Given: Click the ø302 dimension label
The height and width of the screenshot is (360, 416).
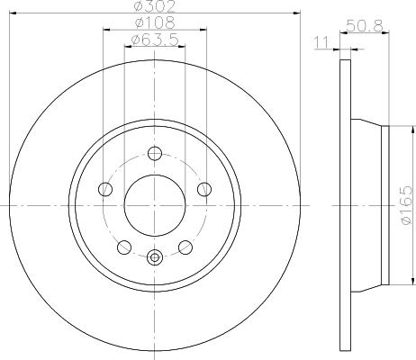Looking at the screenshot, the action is point(155,6).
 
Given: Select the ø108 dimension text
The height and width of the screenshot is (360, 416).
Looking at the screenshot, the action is point(155,22).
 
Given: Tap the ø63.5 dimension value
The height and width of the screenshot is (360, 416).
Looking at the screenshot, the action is point(155,40).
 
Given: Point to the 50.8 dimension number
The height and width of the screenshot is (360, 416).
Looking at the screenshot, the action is point(365,25).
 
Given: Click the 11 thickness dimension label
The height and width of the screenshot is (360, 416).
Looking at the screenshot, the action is point(321,42).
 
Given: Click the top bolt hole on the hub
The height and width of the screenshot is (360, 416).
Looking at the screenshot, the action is point(155,153).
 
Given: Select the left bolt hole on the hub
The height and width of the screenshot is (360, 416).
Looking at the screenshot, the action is point(105,189).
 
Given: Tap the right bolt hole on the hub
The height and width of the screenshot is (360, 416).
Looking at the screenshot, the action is point(204,189).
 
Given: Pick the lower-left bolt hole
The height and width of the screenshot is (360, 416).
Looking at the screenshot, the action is point(124,247).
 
